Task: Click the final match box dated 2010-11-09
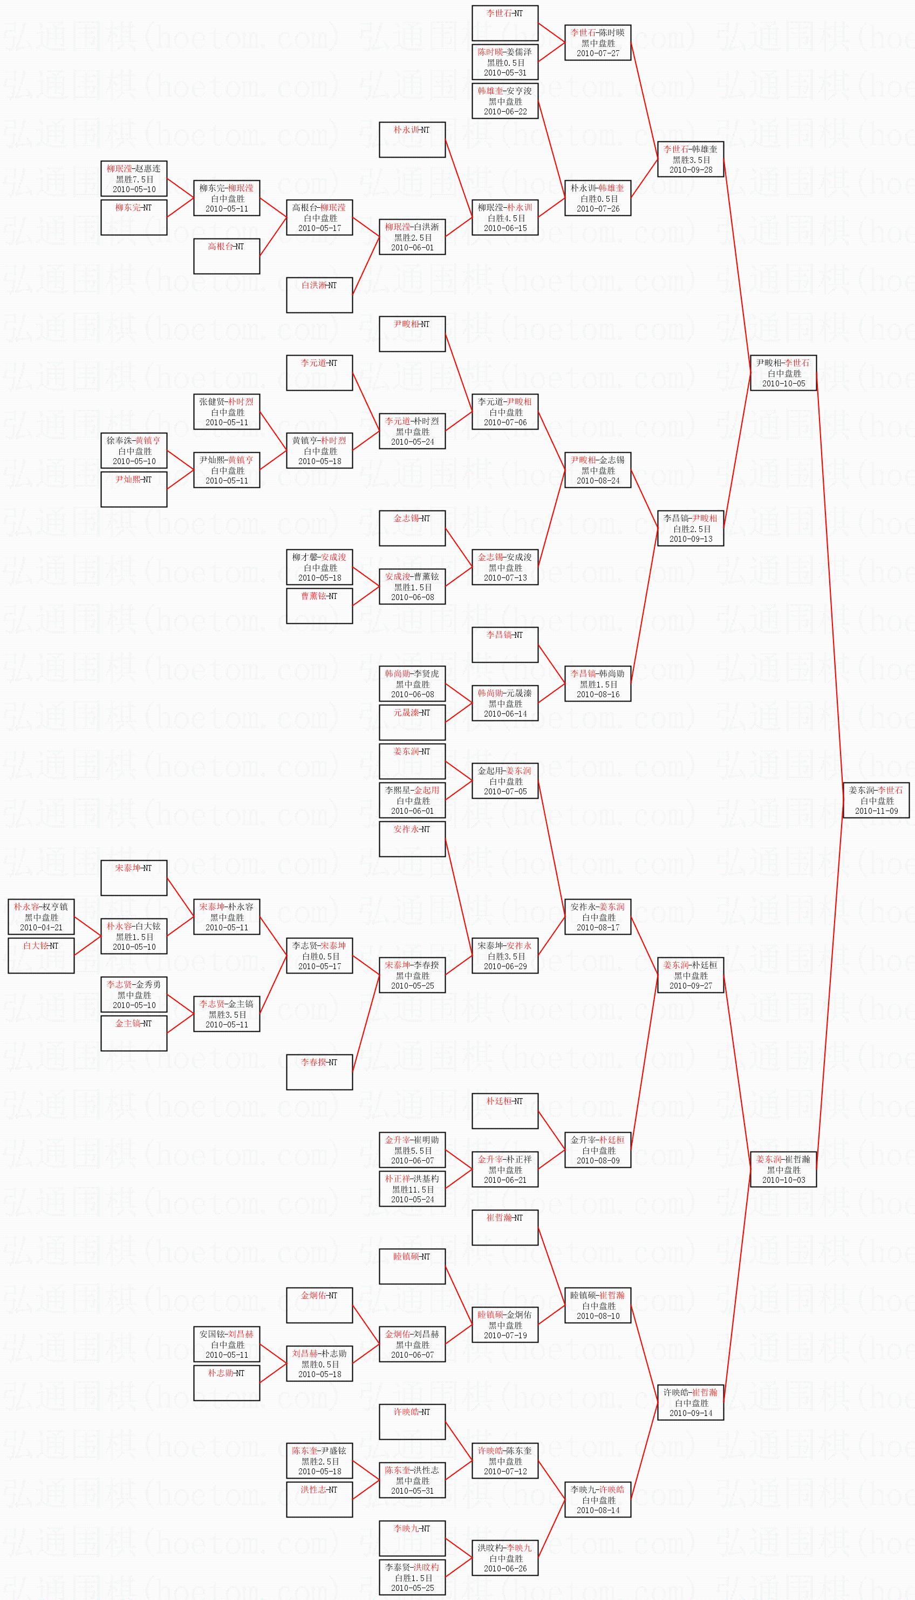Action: [876, 800]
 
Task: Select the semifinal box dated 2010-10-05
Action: [783, 373]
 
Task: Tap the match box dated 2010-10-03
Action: [783, 1169]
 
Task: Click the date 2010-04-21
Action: [41, 927]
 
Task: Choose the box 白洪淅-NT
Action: [319, 295]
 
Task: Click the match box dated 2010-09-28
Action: [690, 159]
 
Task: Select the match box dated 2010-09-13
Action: [690, 528]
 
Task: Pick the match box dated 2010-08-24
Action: [597, 469]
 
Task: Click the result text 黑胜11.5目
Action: [412, 1189]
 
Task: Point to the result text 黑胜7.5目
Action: [134, 179]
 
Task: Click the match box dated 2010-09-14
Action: [690, 1402]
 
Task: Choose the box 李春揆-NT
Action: [319, 1072]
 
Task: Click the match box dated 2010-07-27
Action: [597, 43]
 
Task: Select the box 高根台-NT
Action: [226, 256]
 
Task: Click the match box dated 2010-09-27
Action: [690, 975]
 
